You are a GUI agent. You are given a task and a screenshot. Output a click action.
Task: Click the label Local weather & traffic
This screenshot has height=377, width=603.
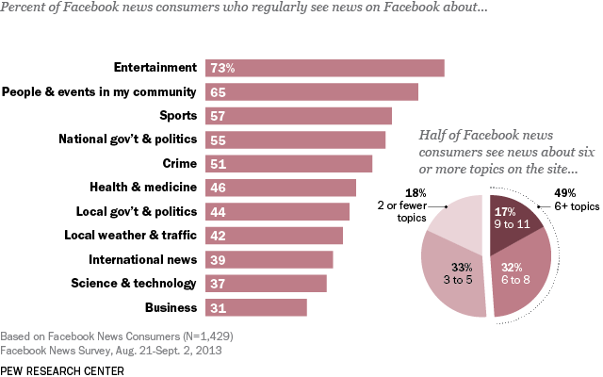coord(130,236)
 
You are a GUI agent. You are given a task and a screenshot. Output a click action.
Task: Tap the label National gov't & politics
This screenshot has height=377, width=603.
coord(127,139)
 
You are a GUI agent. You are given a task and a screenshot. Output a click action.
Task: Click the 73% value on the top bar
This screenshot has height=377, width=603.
coord(222,68)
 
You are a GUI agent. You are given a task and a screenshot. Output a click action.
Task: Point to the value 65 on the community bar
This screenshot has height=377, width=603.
coord(218,92)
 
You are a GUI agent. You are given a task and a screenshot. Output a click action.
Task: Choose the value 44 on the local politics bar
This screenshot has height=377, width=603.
coord(218,212)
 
